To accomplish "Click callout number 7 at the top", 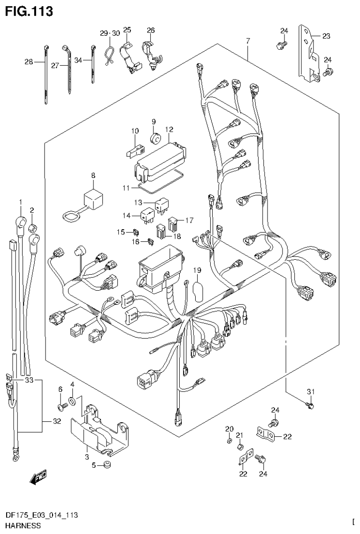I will click(x=247, y=42).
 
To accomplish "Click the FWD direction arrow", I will click(x=36, y=479).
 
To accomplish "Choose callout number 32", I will click(x=57, y=421).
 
